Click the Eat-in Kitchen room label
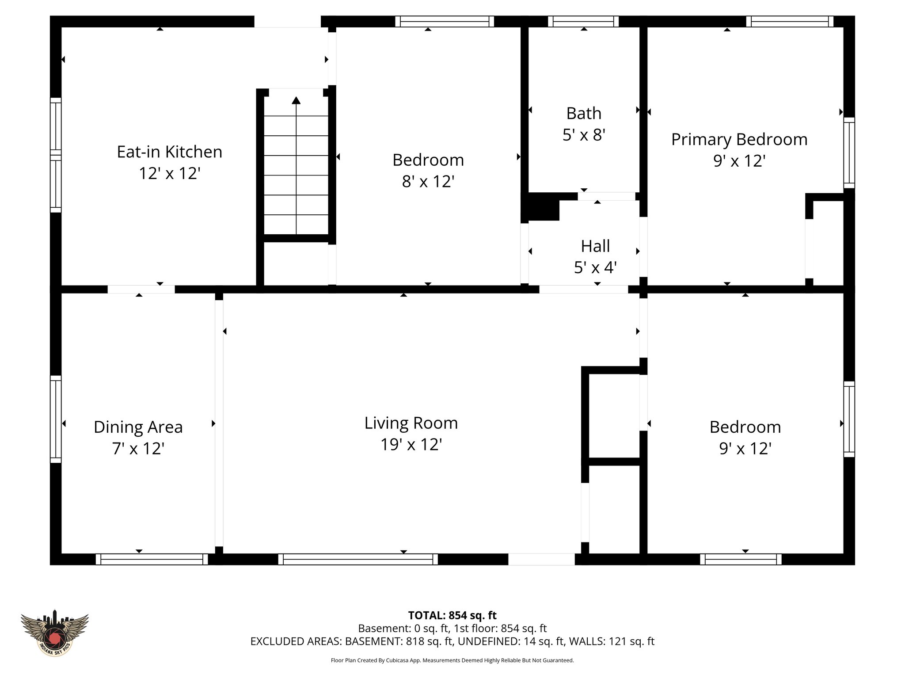[x=169, y=152]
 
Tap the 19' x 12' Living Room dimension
[x=411, y=444]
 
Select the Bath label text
[x=584, y=114]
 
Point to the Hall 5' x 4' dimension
[x=595, y=267]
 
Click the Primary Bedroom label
[x=739, y=140]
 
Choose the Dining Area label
[x=138, y=427]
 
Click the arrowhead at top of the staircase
[x=296, y=100]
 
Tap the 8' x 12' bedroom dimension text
[x=428, y=182]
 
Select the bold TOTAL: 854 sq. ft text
[x=452, y=615]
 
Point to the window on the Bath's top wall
[x=583, y=21]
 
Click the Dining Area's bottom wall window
[x=152, y=559]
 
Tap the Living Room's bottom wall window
[x=358, y=559]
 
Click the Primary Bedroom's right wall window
[x=849, y=153]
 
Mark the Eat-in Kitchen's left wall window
[x=56, y=155]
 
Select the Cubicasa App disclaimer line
[x=452, y=660]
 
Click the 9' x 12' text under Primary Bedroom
[x=739, y=161]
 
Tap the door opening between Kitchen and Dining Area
[x=141, y=290]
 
